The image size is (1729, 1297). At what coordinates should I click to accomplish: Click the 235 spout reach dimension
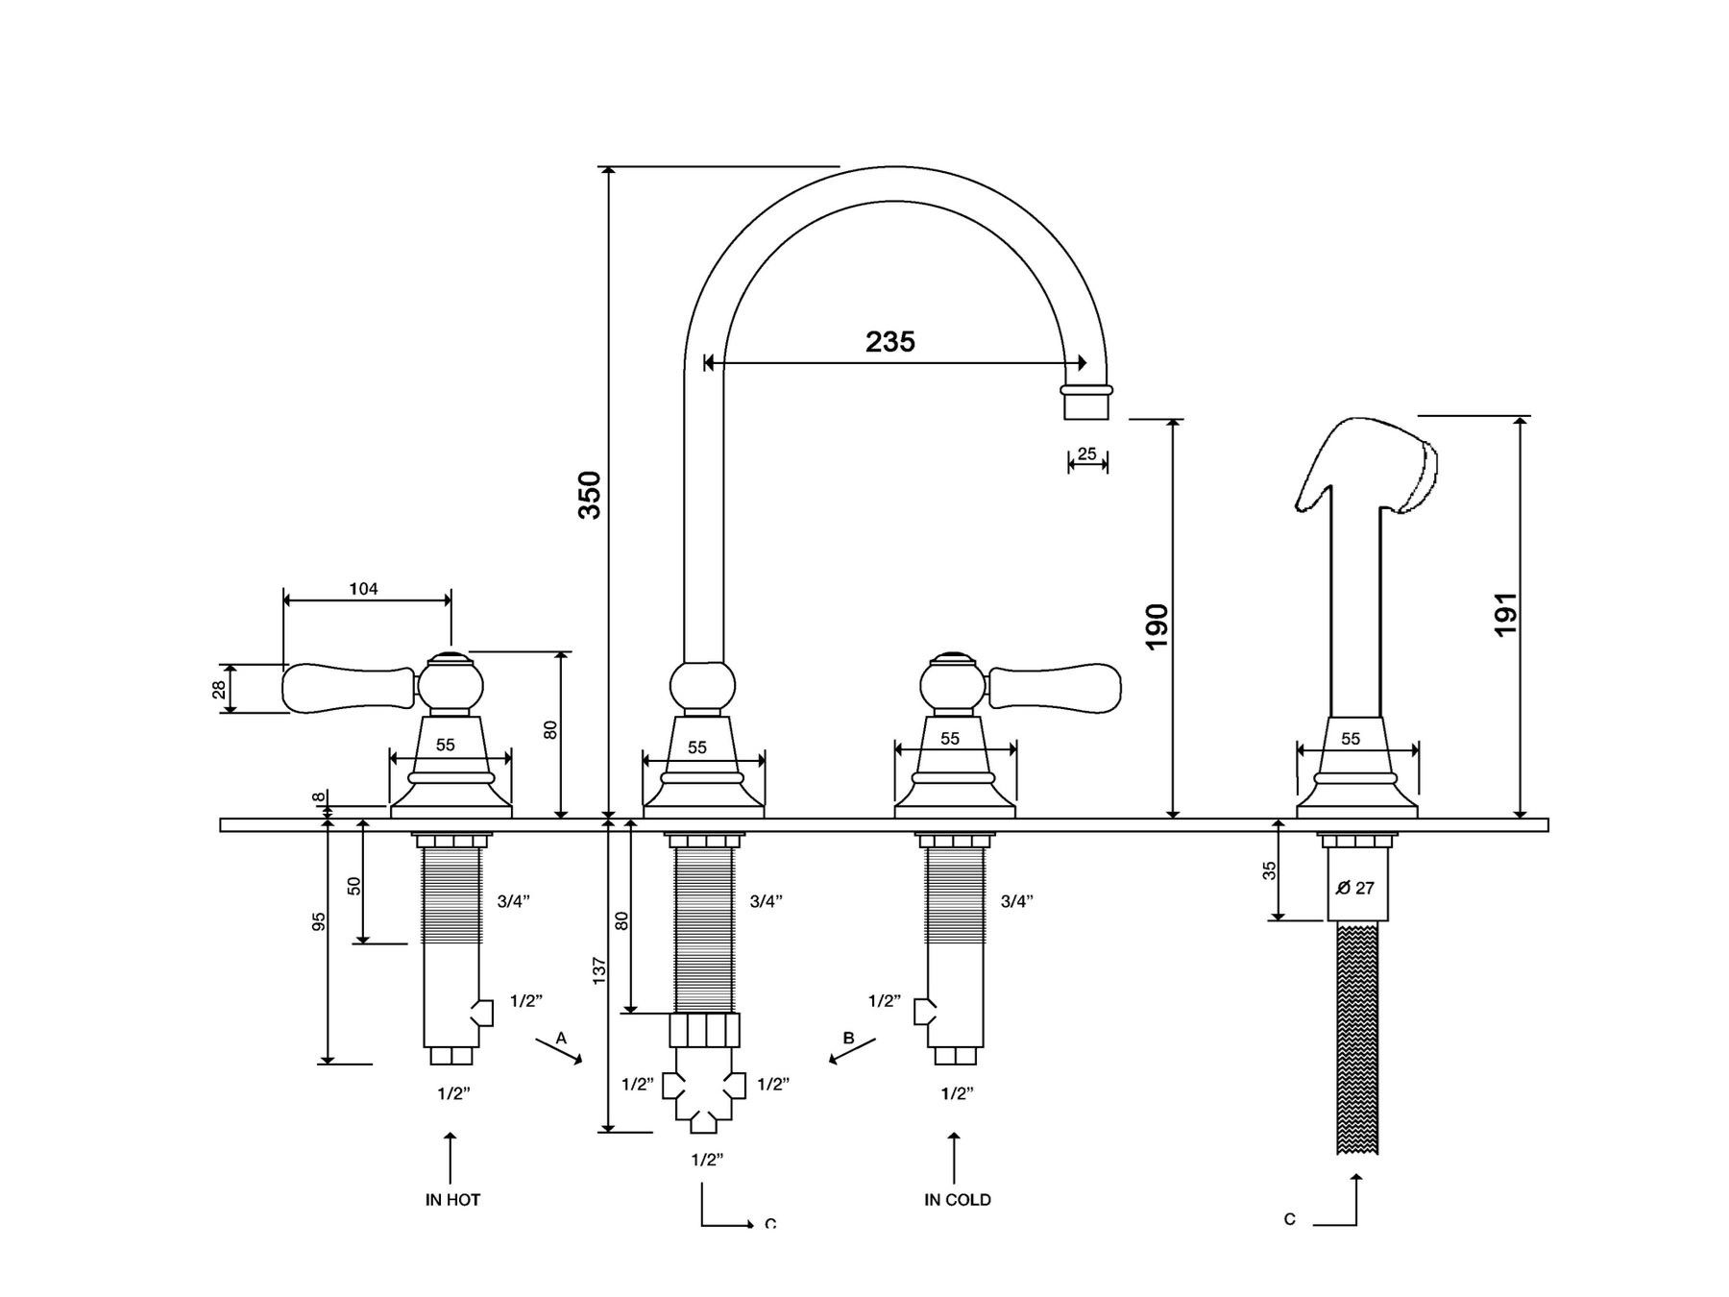click(889, 341)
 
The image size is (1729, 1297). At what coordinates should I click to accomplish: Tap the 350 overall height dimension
click(589, 495)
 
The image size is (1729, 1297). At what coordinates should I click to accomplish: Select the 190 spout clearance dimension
click(1157, 625)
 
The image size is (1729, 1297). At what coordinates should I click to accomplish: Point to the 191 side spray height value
click(1505, 613)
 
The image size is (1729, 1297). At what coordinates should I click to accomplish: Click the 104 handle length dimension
click(363, 589)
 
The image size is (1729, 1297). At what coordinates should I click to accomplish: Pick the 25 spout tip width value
click(1086, 453)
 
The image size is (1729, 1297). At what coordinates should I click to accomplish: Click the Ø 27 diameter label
click(1355, 888)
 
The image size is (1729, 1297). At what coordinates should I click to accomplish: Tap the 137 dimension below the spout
click(599, 970)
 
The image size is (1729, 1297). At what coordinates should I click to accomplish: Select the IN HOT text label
click(452, 1199)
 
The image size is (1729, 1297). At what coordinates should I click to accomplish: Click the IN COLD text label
click(957, 1199)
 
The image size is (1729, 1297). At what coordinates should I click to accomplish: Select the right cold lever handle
click(1055, 686)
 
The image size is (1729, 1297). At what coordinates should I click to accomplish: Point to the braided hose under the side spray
click(1357, 1038)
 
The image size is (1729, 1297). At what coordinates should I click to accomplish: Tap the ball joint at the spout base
click(702, 688)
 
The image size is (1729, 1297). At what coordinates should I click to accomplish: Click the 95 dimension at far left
click(319, 921)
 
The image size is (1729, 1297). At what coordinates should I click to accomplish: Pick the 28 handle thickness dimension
click(220, 689)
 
